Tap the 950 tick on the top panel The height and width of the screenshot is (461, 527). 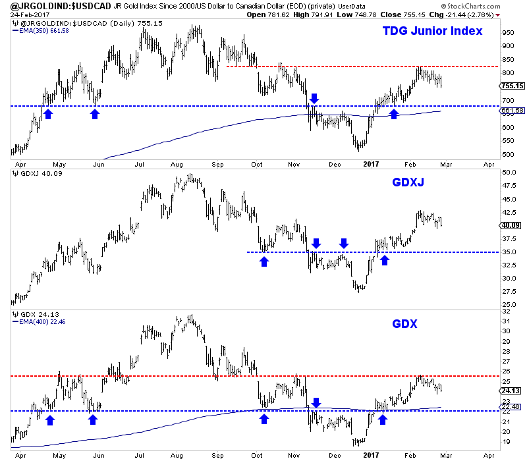[x=507, y=32]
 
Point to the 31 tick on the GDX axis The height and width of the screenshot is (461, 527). [x=504, y=321]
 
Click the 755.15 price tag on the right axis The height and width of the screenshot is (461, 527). [x=511, y=86]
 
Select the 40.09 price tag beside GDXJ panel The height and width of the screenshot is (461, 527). [x=511, y=225]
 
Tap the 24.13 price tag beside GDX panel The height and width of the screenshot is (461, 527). [x=511, y=390]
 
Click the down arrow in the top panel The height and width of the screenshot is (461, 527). [x=314, y=99]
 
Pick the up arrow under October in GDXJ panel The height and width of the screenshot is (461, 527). [x=264, y=261]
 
